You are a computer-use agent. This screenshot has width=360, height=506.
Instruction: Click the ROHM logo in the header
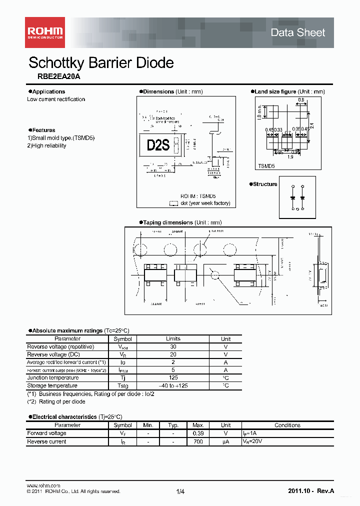[44, 32]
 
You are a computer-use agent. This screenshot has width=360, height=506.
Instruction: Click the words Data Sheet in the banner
[297, 32]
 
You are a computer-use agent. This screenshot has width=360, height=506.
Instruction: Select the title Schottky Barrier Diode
[101, 62]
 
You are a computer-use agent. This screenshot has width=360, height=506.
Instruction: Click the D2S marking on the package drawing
[158, 145]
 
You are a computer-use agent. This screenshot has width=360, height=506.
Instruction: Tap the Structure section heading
[264, 184]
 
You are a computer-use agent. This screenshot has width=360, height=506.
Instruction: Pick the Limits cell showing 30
[173, 346]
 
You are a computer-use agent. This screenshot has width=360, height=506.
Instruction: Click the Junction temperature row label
[52, 378]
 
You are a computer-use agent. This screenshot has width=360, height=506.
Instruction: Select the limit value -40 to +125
[173, 386]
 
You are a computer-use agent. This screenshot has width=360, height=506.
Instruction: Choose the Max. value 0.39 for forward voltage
[198, 433]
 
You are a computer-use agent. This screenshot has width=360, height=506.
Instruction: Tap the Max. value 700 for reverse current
[198, 442]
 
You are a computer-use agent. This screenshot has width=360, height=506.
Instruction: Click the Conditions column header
[287, 425]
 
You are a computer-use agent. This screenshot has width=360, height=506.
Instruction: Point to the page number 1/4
[180, 492]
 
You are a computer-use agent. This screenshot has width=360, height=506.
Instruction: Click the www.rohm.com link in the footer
[43, 485]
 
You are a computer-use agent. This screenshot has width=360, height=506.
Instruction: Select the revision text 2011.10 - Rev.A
[310, 491]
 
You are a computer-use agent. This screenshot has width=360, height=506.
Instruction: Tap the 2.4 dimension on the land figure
[311, 126]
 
